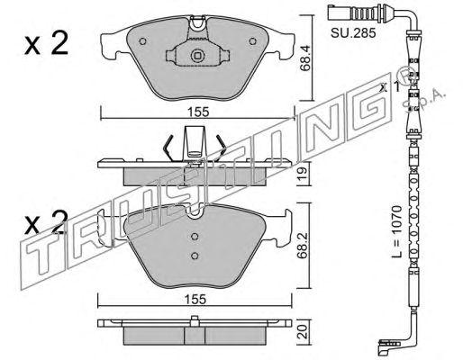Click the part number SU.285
353,33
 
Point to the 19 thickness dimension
303,173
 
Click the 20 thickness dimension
304,332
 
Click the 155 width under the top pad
198,112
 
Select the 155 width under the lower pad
195,299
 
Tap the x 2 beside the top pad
47,44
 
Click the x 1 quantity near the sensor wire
390,87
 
